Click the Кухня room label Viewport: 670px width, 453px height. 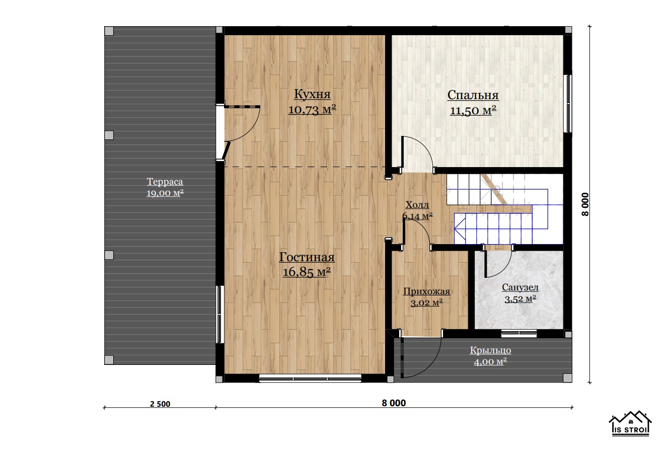point(312,94)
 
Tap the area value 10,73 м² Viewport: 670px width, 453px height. point(312,109)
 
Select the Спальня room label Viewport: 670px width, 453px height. point(473,95)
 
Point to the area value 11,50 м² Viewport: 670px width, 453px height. point(473,111)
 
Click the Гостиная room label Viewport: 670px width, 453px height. point(307,257)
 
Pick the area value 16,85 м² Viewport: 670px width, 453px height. point(307,272)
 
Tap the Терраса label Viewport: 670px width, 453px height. point(165,182)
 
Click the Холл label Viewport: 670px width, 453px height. point(417,205)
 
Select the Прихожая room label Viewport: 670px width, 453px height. point(426,291)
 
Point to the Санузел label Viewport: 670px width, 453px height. point(520,287)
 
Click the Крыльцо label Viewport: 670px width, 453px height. point(490,350)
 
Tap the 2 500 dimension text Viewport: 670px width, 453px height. point(160,404)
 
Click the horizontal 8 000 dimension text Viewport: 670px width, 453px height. point(394,403)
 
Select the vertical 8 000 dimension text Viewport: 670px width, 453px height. point(585,204)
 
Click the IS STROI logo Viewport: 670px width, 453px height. point(630,423)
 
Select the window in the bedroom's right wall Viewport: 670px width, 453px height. point(568,103)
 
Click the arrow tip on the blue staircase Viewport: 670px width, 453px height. point(455,229)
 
